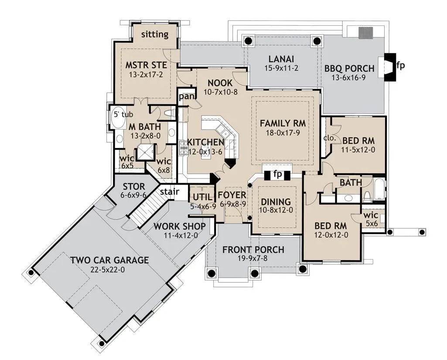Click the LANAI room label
click(281, 59)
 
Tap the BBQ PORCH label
click(349, 69)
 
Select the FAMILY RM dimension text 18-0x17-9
click(283, 133)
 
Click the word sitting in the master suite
click(155, 34)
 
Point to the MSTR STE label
click(146, 65)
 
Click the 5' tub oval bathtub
click(117, 118)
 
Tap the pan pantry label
click(187, 97)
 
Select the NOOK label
click(220, 83)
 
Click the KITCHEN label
click(205, 142)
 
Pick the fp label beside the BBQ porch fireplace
click(400, 65)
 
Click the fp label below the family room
click(277, 174)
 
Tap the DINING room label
click(276, 202)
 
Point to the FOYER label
click(232, 195)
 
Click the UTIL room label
click(202, 197)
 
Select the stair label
click(170, 192)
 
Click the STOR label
click(134, 187)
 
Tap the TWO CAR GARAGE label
click(110, 260)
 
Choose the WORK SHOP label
click(180, 226)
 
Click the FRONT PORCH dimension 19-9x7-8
click(253, 258)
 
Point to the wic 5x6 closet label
click(371, 219)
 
